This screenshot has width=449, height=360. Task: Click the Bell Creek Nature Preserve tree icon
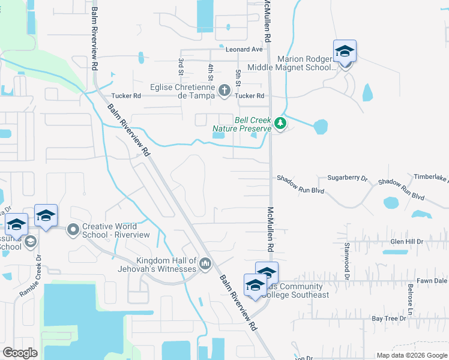click(280, 123)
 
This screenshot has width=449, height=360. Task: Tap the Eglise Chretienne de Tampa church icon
click(224, 91)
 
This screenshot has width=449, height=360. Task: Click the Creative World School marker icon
click(73, 229)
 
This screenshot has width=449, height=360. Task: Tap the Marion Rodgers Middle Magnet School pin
click(345, 52)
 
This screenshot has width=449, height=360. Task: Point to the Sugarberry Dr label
click(347, 178)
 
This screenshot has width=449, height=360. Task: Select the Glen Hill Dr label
click(407, 241)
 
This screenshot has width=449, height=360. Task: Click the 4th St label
click(210, 71)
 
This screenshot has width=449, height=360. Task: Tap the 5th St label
click(238, 76)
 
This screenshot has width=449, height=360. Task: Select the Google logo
click(20, 353)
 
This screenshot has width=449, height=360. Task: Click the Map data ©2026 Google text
click(411, 355)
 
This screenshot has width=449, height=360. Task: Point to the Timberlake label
click(431, 178)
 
